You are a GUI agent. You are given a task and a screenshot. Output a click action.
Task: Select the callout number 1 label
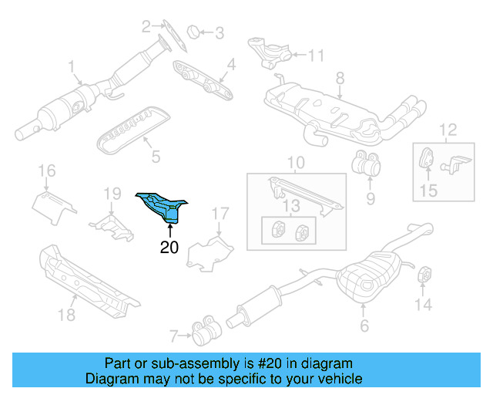71,66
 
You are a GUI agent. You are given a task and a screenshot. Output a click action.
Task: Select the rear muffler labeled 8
324,108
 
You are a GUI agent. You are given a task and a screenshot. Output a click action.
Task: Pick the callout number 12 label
447,129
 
